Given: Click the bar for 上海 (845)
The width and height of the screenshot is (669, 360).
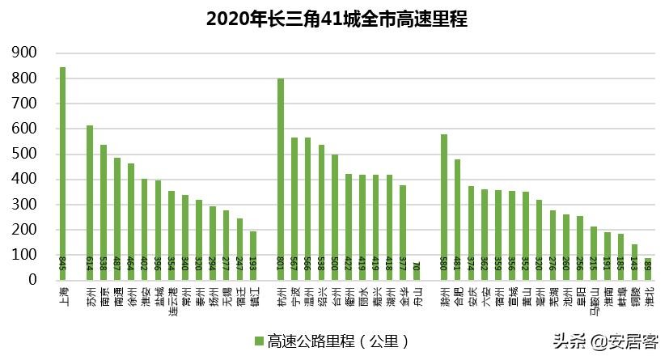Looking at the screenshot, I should (x=62, y=173).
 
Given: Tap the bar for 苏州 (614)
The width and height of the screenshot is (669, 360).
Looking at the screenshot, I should (x=90, y=202).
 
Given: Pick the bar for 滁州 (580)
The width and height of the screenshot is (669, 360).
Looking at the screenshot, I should (x=444, y=206).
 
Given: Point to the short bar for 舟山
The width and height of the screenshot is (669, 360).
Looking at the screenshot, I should (x=417, y=271).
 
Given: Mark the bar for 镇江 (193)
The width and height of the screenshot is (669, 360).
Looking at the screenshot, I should (x=253, y=256).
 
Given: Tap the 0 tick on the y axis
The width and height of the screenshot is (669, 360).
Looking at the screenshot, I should (x=34, y=280).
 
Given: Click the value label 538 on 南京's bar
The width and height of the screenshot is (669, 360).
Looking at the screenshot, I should (x=104, y=264).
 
